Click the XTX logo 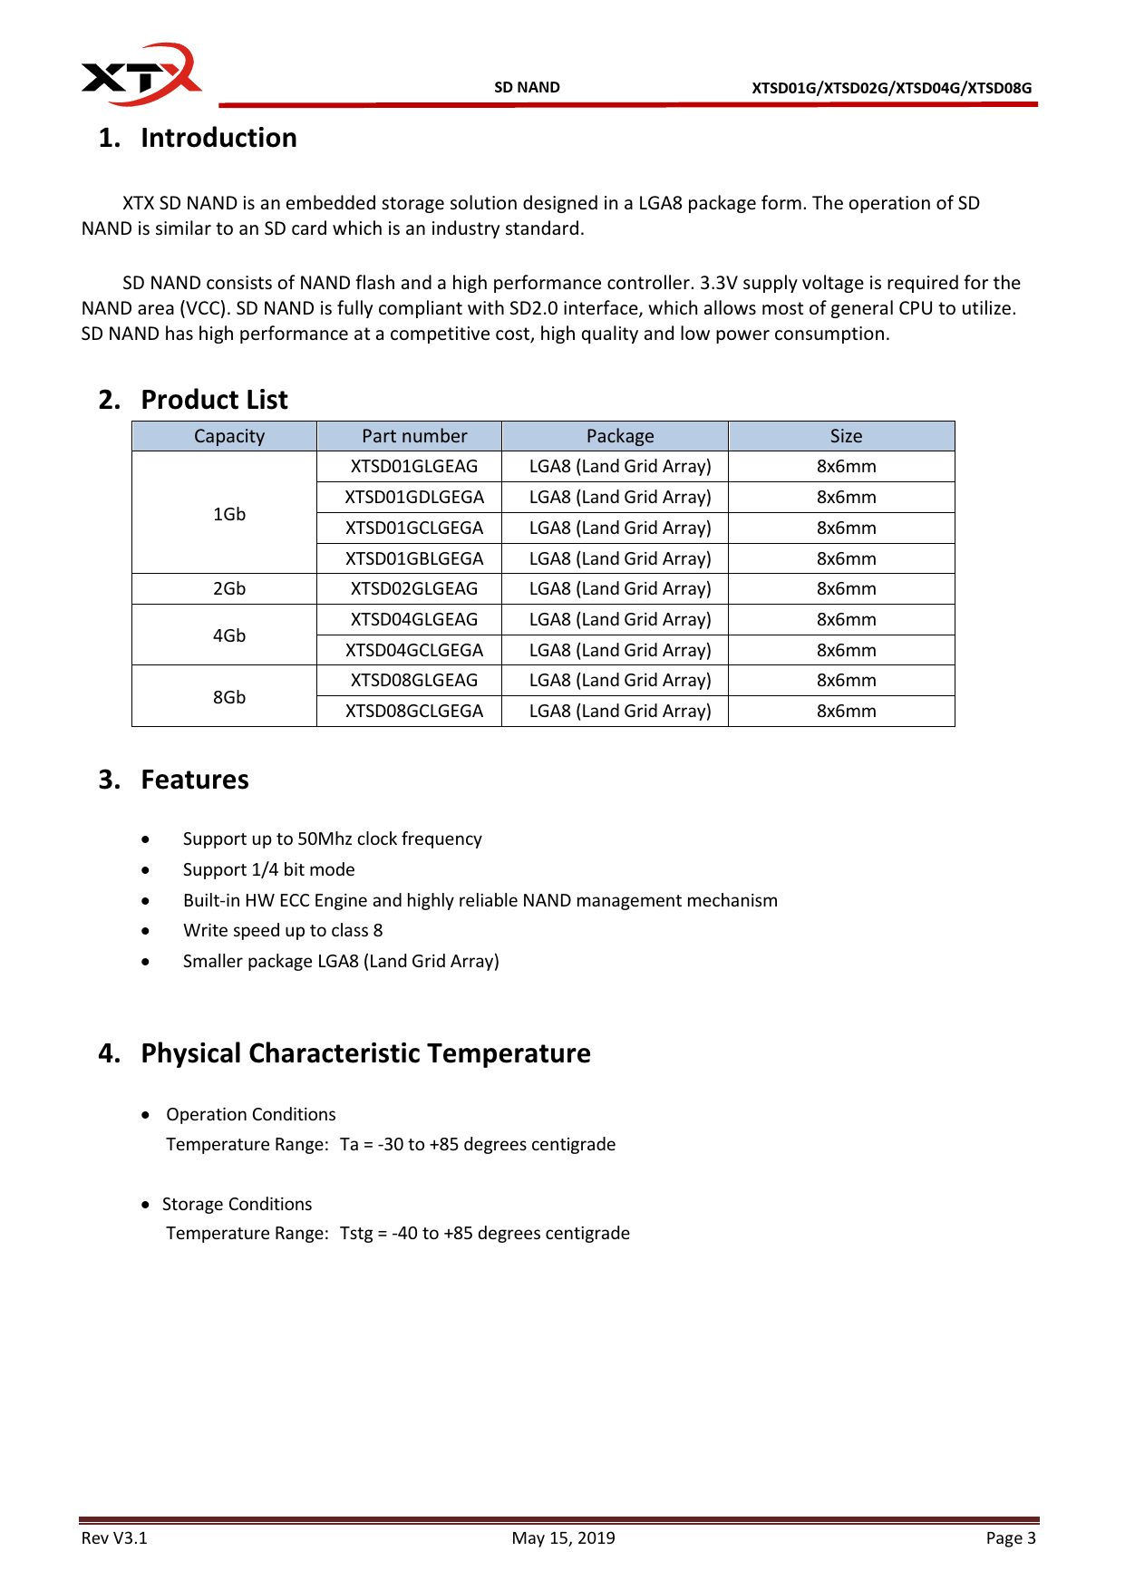[141, 74]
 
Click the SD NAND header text [527, 88]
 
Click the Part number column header [414, 436]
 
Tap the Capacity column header [229, 436]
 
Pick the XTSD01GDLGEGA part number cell [414, 497]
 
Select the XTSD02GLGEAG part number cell [414, 588]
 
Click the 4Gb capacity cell [229, 635]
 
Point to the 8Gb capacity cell [229, 697]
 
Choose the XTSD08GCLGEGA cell [414, 711]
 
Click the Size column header [846, 436]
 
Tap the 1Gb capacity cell [229, 514]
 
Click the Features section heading [194, 780]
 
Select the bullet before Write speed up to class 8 [145, 931]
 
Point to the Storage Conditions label [237, 1204]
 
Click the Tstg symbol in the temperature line [356, 1234]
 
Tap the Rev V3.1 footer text [114, 1538]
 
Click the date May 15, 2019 [563, 1538]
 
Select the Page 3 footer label [1011, 1538]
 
